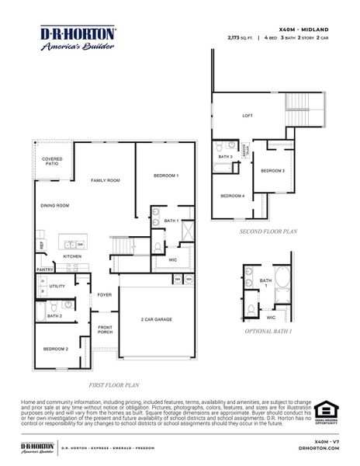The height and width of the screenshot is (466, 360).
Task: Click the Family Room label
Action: [105, 180]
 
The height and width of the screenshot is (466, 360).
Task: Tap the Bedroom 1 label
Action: [165, 176]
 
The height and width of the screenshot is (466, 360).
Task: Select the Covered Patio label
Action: [52, 162]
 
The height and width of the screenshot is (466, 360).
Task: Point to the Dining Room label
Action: [55, 206]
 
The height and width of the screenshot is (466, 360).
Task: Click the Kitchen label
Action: [72, 256]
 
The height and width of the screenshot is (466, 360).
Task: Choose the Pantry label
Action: [44, 270]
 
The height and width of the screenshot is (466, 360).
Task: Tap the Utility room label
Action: [57, 287]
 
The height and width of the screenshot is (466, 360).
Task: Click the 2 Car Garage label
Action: [156, 320]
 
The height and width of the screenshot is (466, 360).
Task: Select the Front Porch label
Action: [106, 330]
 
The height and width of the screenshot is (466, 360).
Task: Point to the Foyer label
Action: [105, 295]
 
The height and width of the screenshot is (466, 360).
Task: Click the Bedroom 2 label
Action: [55, 349]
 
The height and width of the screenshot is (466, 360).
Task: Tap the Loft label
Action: [247, 116]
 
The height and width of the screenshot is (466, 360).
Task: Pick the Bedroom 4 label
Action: [232, 196]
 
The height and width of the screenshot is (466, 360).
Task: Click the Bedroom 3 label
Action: [272, 171]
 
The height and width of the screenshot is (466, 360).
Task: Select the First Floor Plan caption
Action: [113, 384]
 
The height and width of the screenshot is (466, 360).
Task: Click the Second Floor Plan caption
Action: [268, 231]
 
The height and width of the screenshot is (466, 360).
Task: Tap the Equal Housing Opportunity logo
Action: [326, 411]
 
